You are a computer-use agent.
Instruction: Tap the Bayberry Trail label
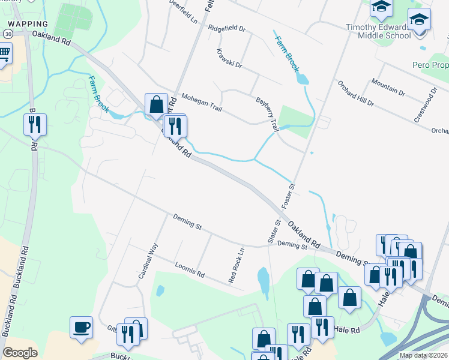[268, 115]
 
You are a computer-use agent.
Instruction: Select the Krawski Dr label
[229, 58]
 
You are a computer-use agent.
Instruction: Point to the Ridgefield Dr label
[228, 28]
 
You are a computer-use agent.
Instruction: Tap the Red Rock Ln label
[237, 265]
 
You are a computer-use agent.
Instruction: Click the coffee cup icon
[82, 328]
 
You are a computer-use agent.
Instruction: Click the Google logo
[20, 352]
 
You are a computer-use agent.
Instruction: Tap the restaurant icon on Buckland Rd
[35, 125]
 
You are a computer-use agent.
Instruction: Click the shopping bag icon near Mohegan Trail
[156, 104]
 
